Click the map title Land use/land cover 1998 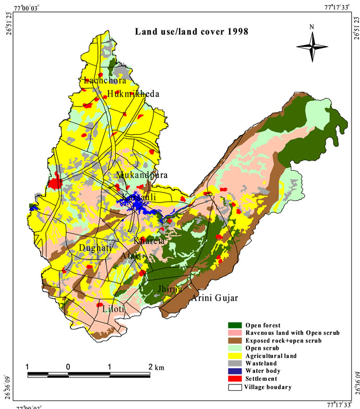pos(191,31)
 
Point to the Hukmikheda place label pos(133,94)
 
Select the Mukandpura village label pos(142,175)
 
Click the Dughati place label pos(95,248)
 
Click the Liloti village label pos(114,309)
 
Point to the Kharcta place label pos(149,241)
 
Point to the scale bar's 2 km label pos(156,367)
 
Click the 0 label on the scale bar pos(68,367)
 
